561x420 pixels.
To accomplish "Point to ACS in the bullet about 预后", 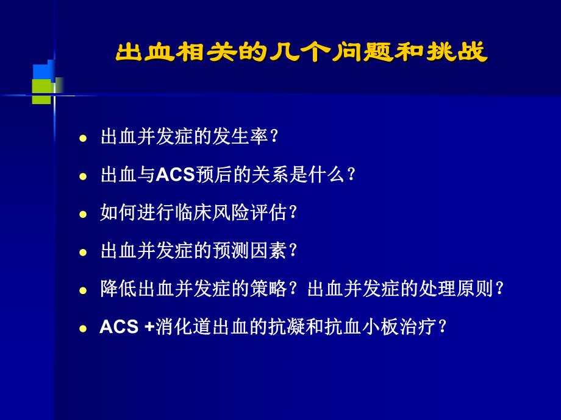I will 176,175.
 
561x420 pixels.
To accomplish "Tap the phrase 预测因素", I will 249,251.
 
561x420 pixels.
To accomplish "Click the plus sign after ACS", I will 150,327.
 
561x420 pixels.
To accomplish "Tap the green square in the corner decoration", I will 41,91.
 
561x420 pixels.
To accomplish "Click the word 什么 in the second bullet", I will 326,175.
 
